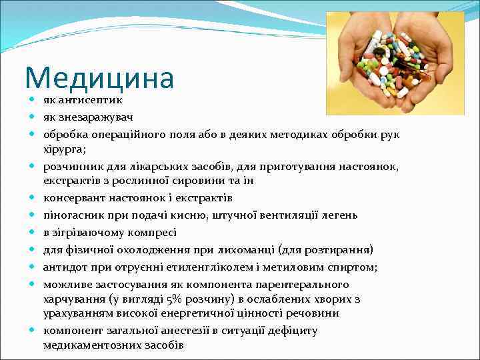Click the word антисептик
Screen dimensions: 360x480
[x=89, y=100]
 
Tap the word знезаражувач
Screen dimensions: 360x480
[x=96, y=117]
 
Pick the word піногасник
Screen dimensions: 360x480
[x=72, y=215]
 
